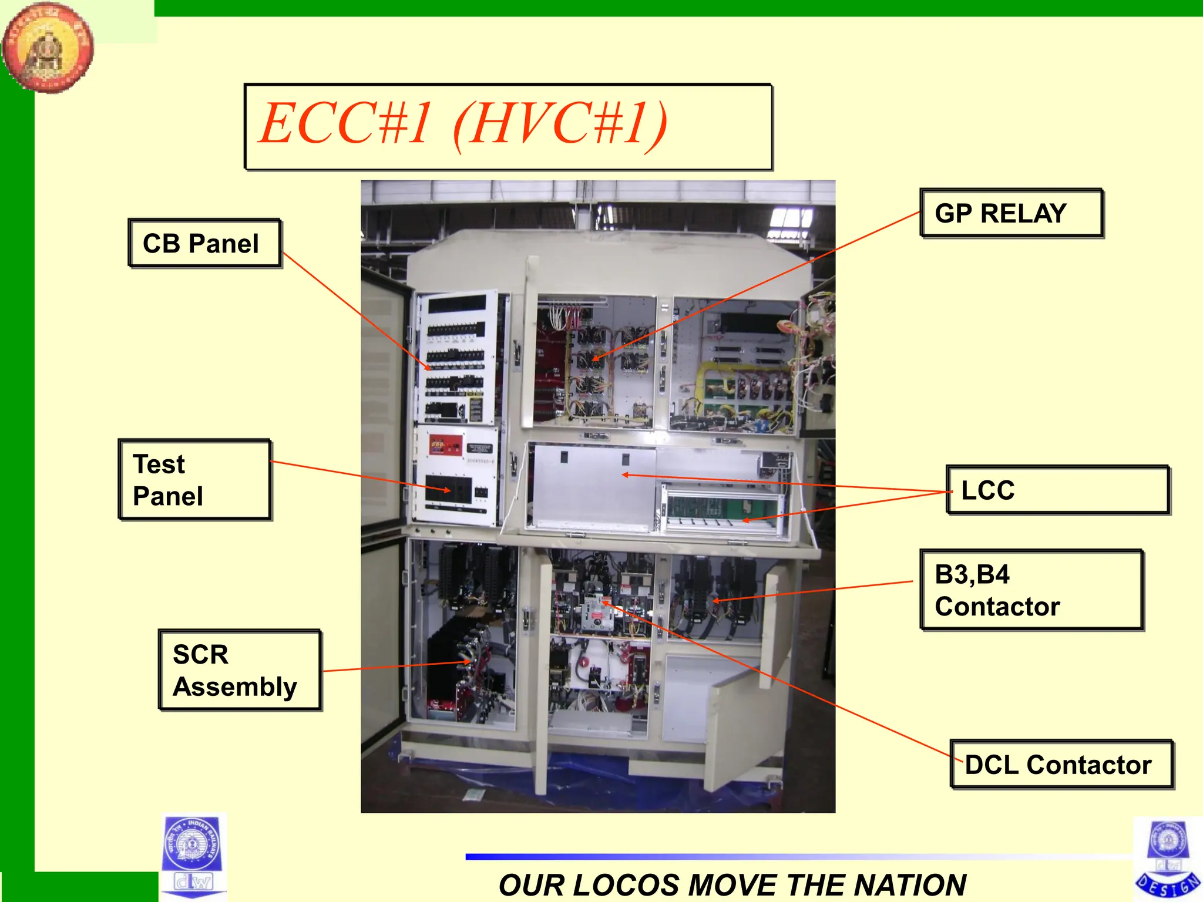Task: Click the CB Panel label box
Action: click(x=204, y=243)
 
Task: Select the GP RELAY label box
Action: click(x=1011, y=213)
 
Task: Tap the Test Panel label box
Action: click(x=194, y=480)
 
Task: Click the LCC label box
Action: click(x=1057, y=490)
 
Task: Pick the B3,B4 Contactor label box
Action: click(x=1031, y=590)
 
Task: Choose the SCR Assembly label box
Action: click(x=240, y=670)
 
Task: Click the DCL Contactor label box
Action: click(x=1061, y=764)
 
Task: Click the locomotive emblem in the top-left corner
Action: click(x=47, y=47)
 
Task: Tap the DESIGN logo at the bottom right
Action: click(x=1168, y=860)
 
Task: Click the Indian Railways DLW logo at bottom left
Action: click(x=193, y=856)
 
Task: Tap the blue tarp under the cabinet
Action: click(x=587, y=775)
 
